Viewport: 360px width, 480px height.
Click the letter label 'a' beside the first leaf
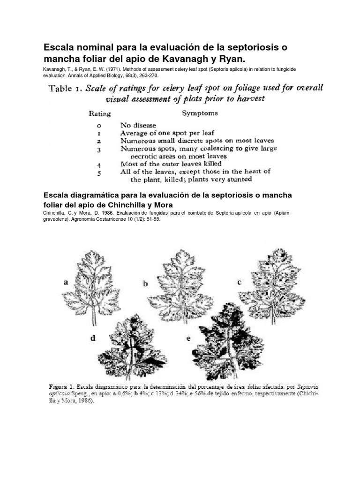pyautogui.click(x=66, y=282)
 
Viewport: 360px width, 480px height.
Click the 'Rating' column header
pyautogui.click(x=100, y=113)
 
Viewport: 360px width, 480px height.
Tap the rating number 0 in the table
pyautogui.click(x=99, y=125)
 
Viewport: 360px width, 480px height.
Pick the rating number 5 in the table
pyautogui.click(x=99, y=172)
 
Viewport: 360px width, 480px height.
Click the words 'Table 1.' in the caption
pyautogui.click(x=66, y=88)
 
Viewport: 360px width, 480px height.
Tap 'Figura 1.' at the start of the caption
pyautogui.click(x=65, y=387)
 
